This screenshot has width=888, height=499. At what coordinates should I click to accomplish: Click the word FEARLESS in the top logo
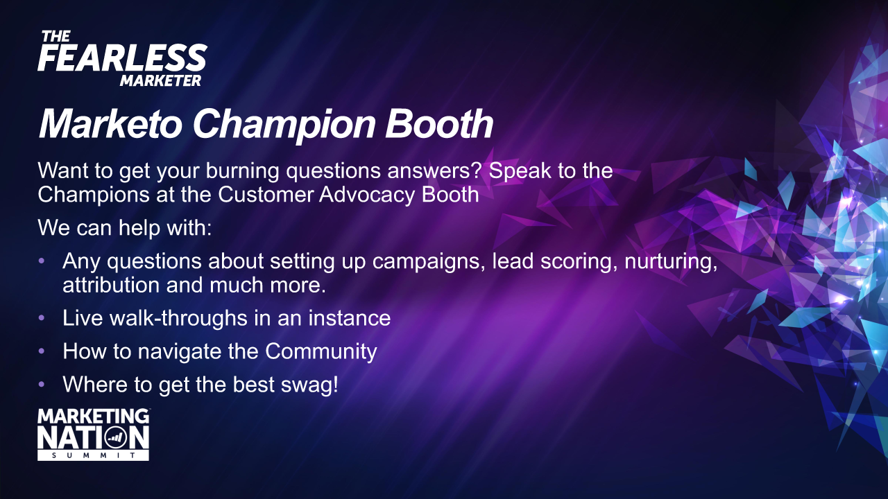point(122,58)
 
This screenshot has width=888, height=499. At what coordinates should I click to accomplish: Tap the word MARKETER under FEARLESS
point(160,81)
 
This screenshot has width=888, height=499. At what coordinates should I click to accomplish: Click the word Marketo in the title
point(110,124)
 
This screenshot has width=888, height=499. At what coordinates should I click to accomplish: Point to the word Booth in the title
point(439,123)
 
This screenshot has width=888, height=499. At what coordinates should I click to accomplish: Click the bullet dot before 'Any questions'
point(42,261)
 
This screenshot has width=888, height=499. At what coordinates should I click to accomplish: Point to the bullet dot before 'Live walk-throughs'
point(42,318)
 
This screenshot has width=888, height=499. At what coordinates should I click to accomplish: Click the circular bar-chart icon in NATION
point(116,438)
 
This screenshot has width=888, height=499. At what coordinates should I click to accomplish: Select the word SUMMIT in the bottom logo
point(93,455)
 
